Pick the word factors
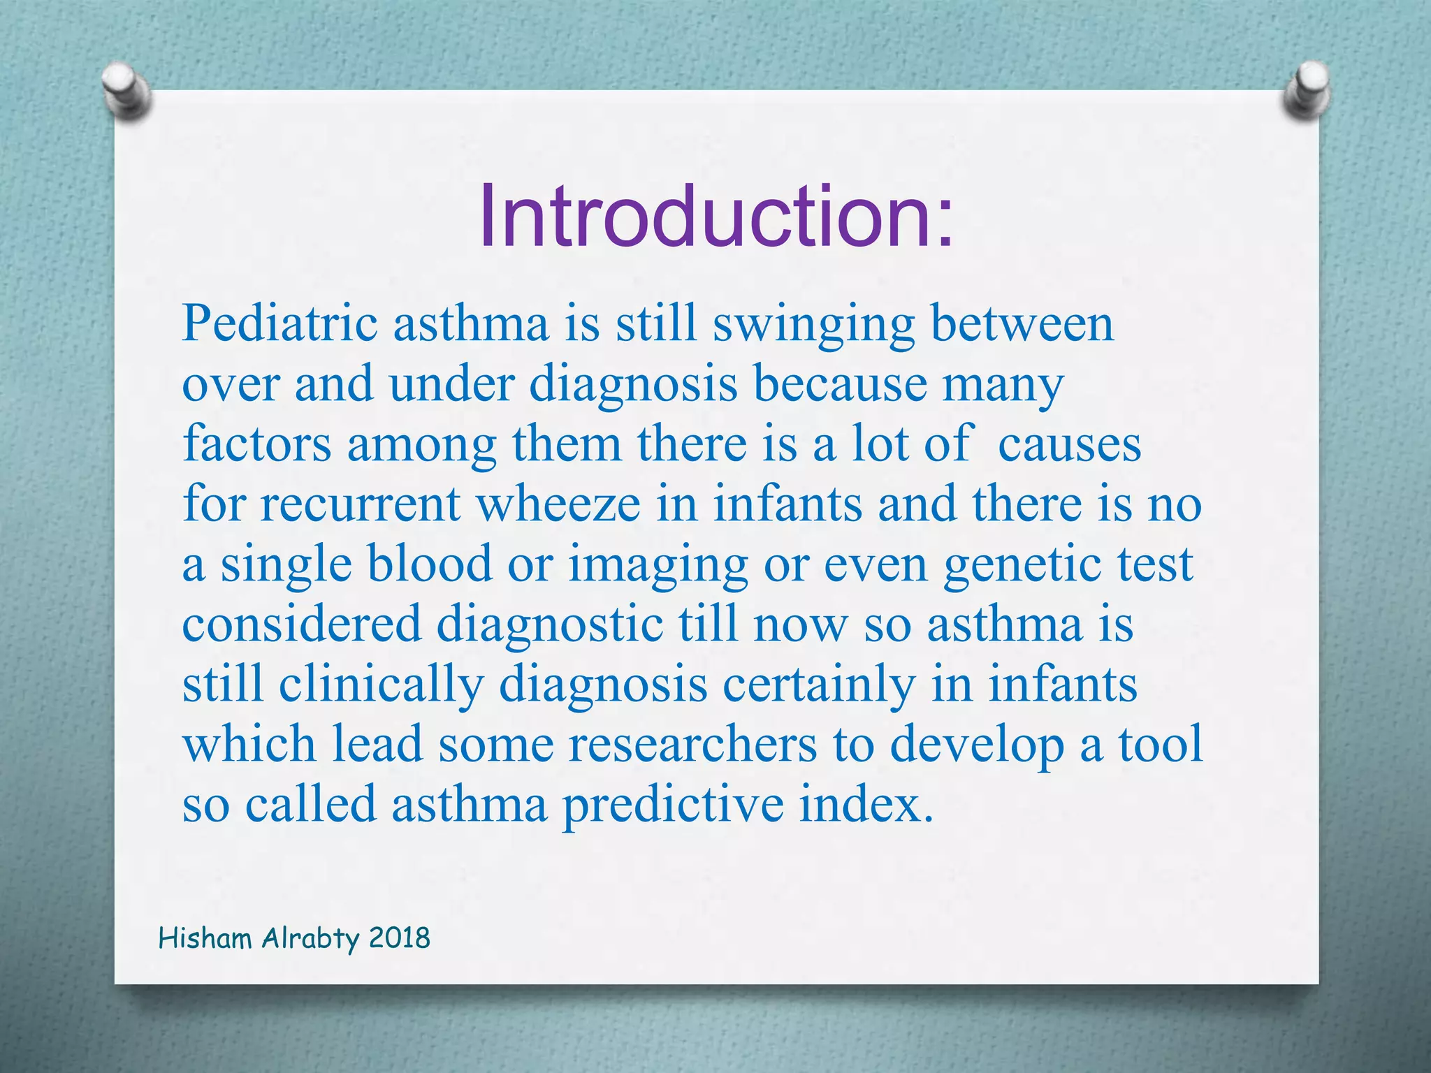coord(256,444)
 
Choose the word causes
coord(1069,444)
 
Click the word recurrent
coord(360,504)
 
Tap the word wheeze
coord(558,504)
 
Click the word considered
coord(302,624)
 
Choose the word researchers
coord(692,744)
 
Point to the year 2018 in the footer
coord(399,938)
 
